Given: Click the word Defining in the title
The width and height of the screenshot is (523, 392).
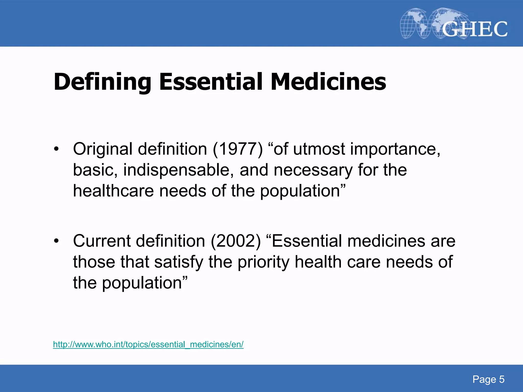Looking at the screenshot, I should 102,82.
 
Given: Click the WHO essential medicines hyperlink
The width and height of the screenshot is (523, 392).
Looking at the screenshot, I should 148,344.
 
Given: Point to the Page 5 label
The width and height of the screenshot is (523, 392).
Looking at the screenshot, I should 488,379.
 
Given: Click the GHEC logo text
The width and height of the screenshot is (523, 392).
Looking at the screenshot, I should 474,29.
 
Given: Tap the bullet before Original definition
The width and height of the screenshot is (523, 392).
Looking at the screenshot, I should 56,149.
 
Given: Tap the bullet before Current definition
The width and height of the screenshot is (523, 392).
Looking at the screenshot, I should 56,241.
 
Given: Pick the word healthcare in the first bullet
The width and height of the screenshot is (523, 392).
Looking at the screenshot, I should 113,191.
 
